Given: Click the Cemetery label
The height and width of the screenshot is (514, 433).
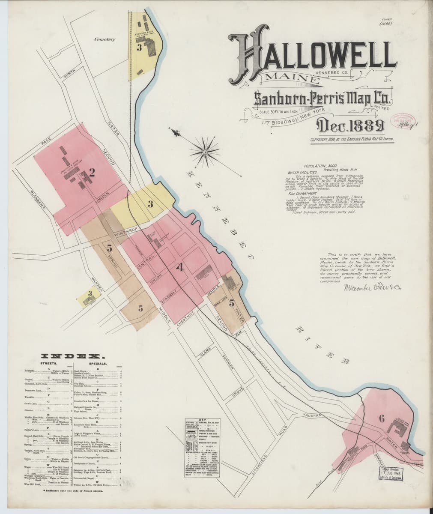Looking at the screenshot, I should [105, 39].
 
